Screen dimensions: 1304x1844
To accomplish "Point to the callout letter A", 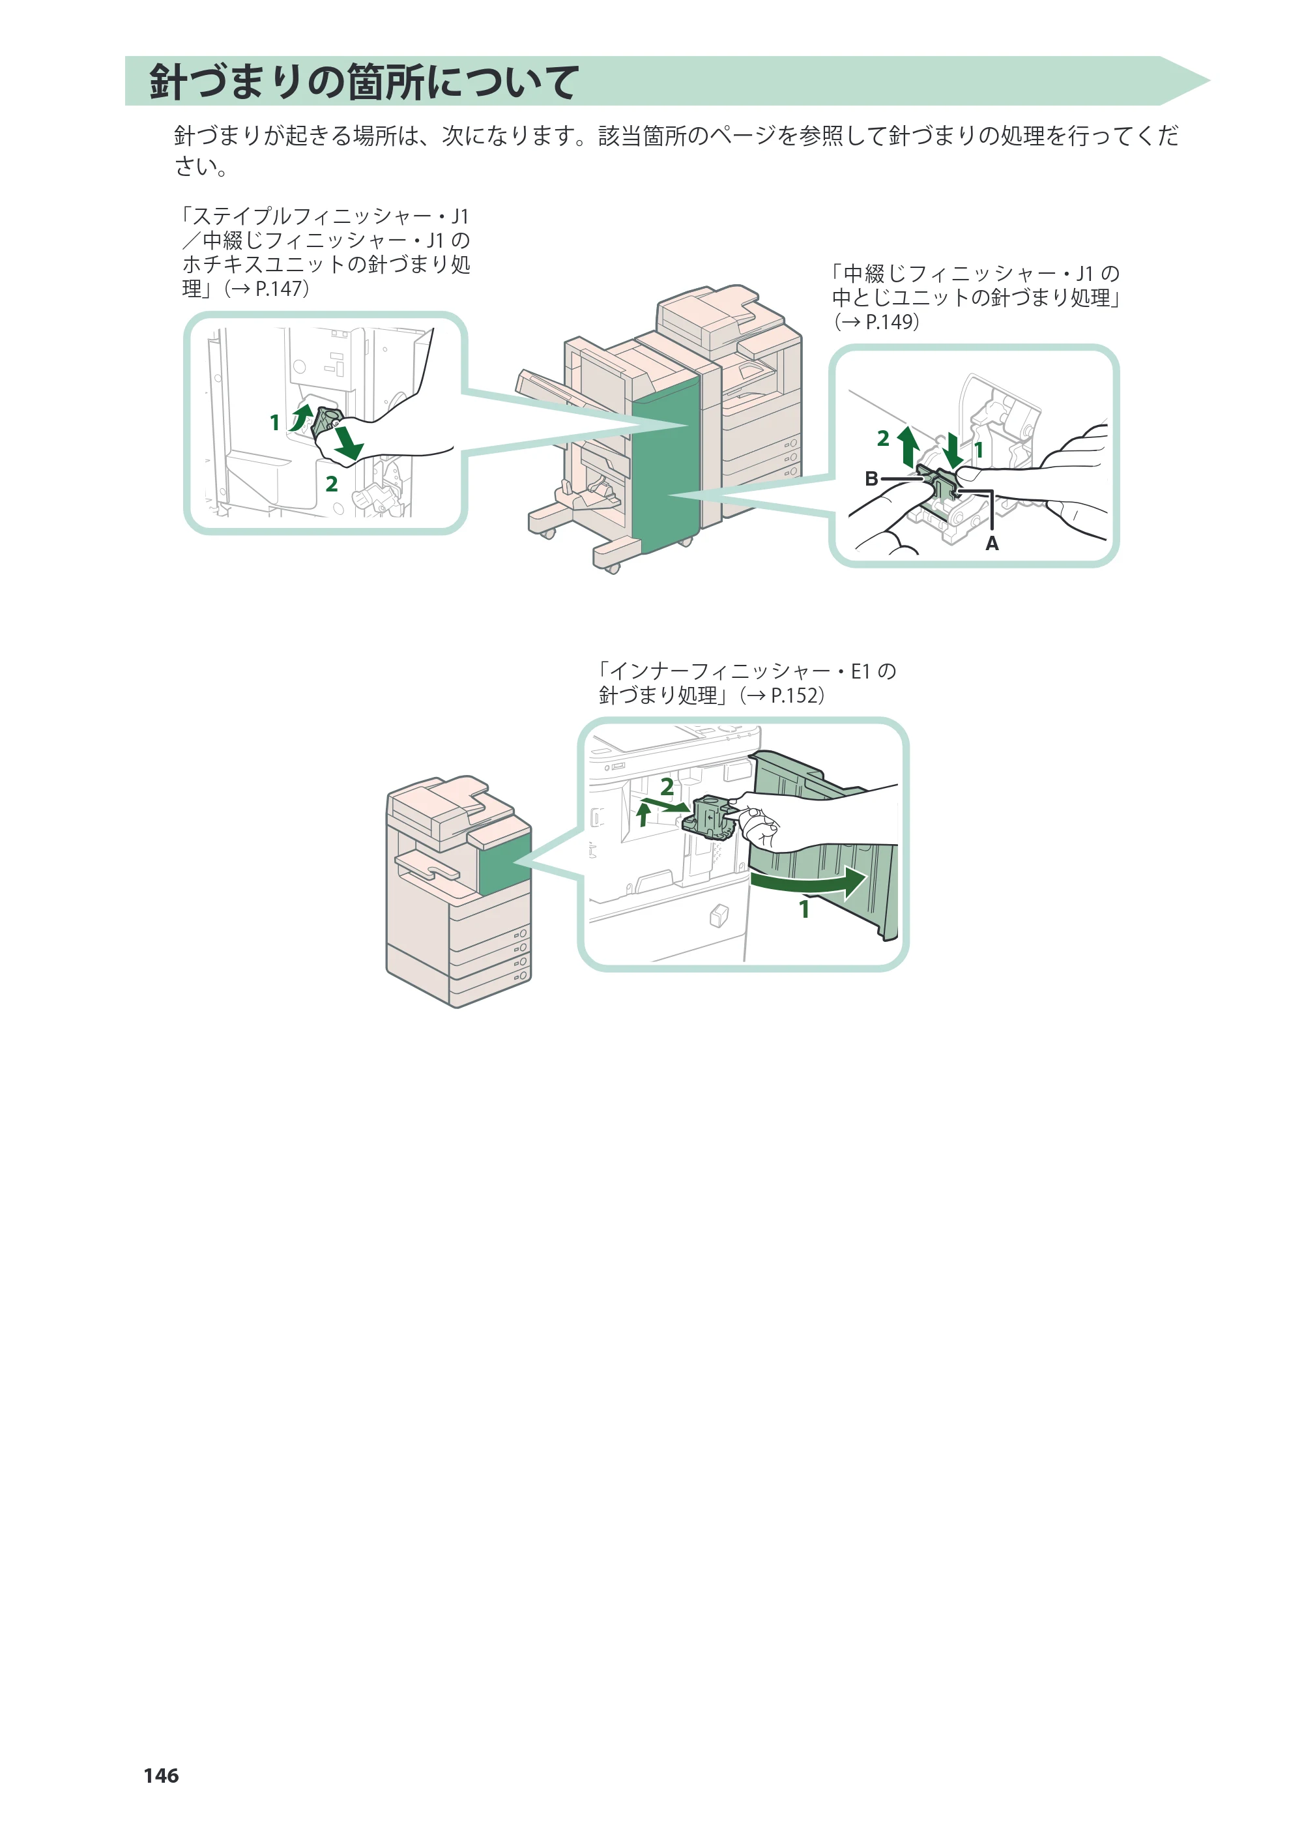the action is (992, 544).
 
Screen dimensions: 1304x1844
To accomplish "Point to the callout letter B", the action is (871, 478).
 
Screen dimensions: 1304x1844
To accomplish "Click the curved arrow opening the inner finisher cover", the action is (809, 885).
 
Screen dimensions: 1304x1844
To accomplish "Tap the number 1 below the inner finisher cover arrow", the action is (804, 909).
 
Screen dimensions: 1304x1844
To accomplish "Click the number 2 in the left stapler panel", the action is (332, 484).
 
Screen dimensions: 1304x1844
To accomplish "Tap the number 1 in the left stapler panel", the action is (274, 422).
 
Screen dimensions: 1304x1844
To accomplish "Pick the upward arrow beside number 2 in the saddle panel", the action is (908, 446).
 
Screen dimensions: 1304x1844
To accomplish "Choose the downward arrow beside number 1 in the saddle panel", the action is (952, 450).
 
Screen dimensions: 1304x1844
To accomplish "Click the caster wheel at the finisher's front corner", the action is (612, 568).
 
